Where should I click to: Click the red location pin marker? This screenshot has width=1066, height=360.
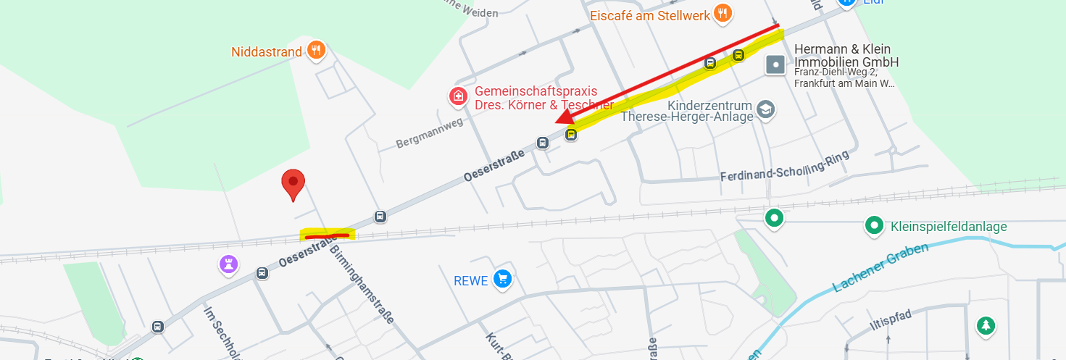293,184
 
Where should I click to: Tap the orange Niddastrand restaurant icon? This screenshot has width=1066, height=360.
316,51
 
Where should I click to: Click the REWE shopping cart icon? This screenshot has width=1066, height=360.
502,279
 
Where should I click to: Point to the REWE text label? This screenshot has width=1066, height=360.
471,280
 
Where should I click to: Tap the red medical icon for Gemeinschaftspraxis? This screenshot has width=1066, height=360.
457,96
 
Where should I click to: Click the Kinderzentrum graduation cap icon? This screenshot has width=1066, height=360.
765,110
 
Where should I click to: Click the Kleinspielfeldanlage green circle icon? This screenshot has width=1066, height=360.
874,226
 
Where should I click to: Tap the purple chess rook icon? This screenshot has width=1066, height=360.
229,264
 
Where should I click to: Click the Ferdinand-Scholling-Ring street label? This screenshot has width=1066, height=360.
783,168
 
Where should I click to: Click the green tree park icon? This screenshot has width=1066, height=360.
985,326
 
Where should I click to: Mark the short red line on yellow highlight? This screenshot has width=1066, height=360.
327,235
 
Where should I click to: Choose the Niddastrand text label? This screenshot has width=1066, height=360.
265,52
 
